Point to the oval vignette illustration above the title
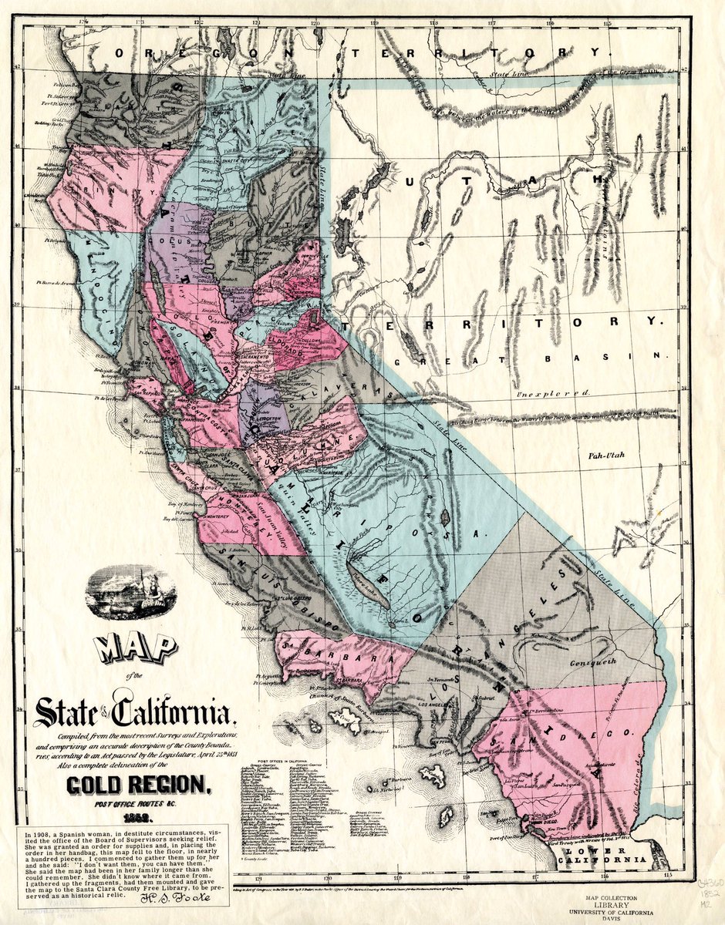[130, 592]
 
